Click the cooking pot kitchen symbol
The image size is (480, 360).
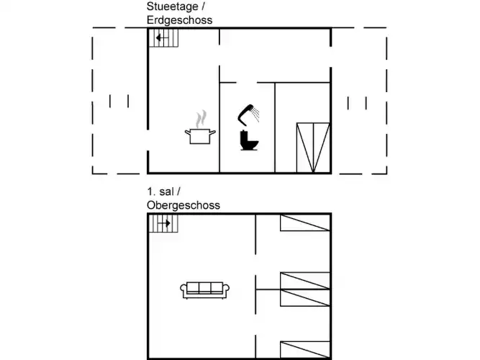200,136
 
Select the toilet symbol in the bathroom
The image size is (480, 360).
249,140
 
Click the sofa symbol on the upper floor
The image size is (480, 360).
205,290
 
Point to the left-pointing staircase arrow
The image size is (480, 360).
162,38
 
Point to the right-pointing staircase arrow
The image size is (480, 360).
164,223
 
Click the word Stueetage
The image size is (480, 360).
172,6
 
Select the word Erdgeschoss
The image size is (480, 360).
179,20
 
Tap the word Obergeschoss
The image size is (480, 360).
184,205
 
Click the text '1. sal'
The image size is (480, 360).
160,192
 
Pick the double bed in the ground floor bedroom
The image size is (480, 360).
313,148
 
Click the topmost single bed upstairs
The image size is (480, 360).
305,222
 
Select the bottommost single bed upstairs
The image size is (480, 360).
305,350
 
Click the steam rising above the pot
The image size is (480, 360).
201,119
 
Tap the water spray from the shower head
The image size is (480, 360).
255,114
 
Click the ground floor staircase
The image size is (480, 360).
163,38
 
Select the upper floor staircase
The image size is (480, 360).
163,223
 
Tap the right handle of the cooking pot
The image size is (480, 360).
212,132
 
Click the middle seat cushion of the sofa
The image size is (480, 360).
205,288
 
